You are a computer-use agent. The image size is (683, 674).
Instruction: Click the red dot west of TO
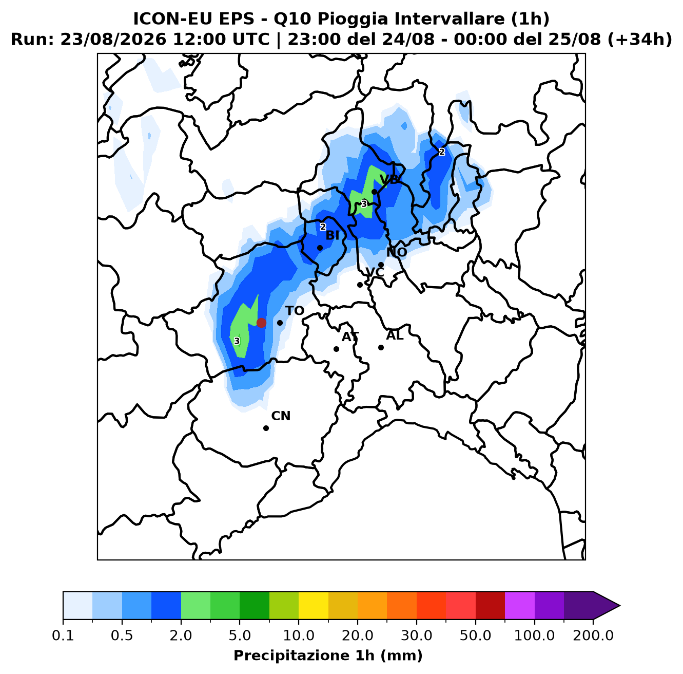pyautogui.click(x=261, y=323)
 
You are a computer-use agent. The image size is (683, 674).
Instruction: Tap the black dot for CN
pyautogui.click(x=266, y=428)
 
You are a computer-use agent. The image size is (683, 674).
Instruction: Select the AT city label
pyautogui.click(x=350, y=337)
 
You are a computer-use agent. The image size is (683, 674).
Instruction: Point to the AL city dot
pyautogui.click(x=381, y=347)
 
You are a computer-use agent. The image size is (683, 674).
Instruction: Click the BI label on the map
pyautogui.click(x=333, y=235)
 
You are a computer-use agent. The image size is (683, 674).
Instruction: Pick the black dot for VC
pyautogui.click(x=360, y=285)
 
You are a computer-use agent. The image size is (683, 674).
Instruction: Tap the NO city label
pyautogui.click(x=397, y=252)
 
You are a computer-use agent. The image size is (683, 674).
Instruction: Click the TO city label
pyautogui.click(x=295, y=311)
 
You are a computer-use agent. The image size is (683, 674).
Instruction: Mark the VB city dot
pyautogui.click(x=374, y=192)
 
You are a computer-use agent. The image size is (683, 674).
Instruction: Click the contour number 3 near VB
pyautogui.click(x=364, y=204)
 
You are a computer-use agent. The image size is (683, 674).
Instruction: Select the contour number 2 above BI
pyautogui.click(x=323, y=227)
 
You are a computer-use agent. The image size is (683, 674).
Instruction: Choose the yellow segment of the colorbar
pyautogui.click(x=314, y=605)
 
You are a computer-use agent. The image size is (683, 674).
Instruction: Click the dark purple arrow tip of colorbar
pyautogui.click(x=619, y=605)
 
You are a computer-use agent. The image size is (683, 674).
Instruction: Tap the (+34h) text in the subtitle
pyautogui.click(x=640, y=40)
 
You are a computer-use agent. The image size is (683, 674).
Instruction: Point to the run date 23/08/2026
pyautogui.click(x=113, y=40)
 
